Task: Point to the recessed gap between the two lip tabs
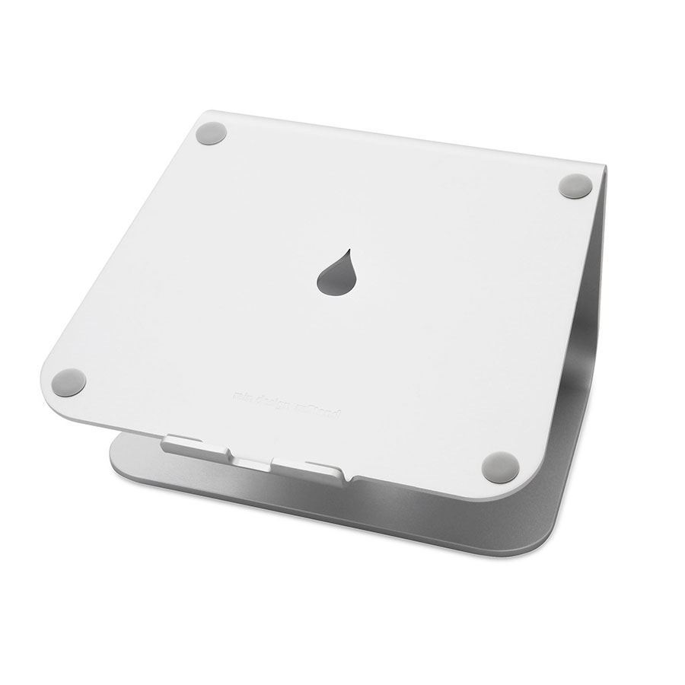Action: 251,460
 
